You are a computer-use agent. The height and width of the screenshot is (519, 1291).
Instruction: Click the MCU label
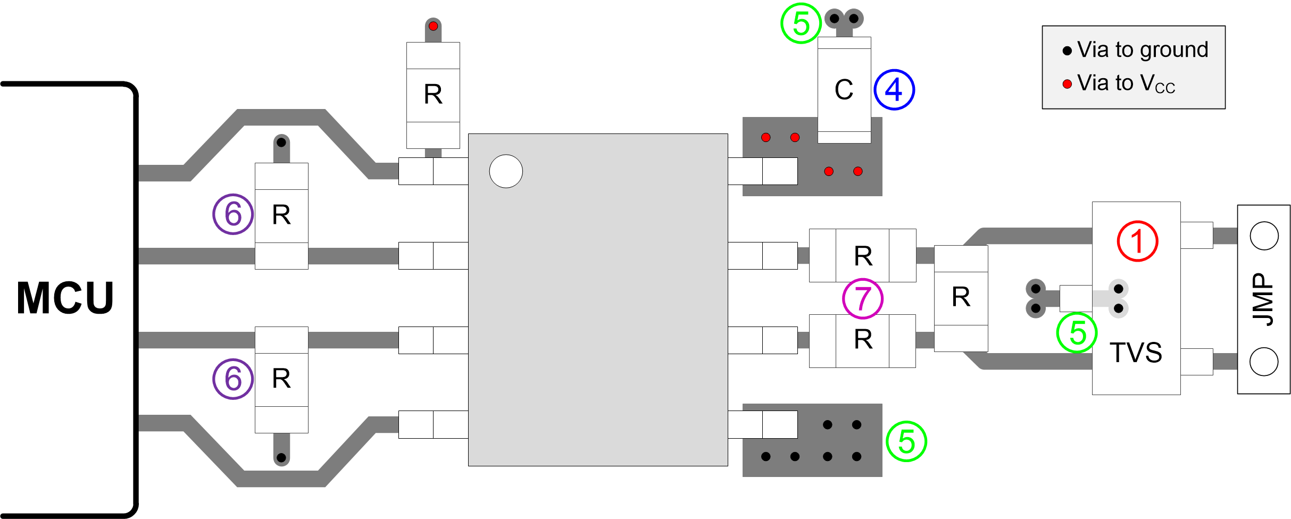coord(65,298)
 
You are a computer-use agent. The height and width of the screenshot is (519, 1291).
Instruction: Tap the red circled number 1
coord(1137,241)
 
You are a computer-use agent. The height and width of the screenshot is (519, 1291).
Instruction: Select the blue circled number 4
coord(894,90)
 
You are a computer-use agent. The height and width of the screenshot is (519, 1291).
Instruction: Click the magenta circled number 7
coord(862,298)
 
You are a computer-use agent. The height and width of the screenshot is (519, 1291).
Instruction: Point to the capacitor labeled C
coord(844,90)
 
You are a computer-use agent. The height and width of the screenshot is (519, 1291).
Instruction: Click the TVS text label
coord(1136,353)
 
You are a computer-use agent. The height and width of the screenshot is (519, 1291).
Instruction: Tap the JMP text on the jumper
coord(1263,299)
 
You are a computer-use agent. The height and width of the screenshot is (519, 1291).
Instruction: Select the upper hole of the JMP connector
coord(1264,236)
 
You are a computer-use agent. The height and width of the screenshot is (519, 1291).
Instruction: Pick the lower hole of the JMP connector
coord(1264,362)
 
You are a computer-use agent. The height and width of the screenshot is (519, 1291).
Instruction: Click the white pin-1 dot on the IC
coord(506,171)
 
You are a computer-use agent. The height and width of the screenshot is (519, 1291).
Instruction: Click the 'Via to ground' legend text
coord(1143,50)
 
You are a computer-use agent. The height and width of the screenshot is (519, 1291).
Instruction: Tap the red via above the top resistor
coord(433,26)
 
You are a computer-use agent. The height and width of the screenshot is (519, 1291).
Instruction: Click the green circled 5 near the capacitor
coord(801,23)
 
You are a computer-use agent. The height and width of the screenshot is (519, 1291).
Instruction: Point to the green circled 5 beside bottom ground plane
coord(906,441)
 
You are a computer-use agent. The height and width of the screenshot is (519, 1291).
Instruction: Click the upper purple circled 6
coord(233,214)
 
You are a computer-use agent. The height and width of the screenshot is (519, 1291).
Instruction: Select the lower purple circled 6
coord(233,379)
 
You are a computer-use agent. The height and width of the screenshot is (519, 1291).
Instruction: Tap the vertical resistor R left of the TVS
coord(961,298)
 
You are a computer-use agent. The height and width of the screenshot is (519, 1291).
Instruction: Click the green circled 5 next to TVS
coord(1077,332)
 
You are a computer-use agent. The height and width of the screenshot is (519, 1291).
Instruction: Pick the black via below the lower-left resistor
coord(281,457)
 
